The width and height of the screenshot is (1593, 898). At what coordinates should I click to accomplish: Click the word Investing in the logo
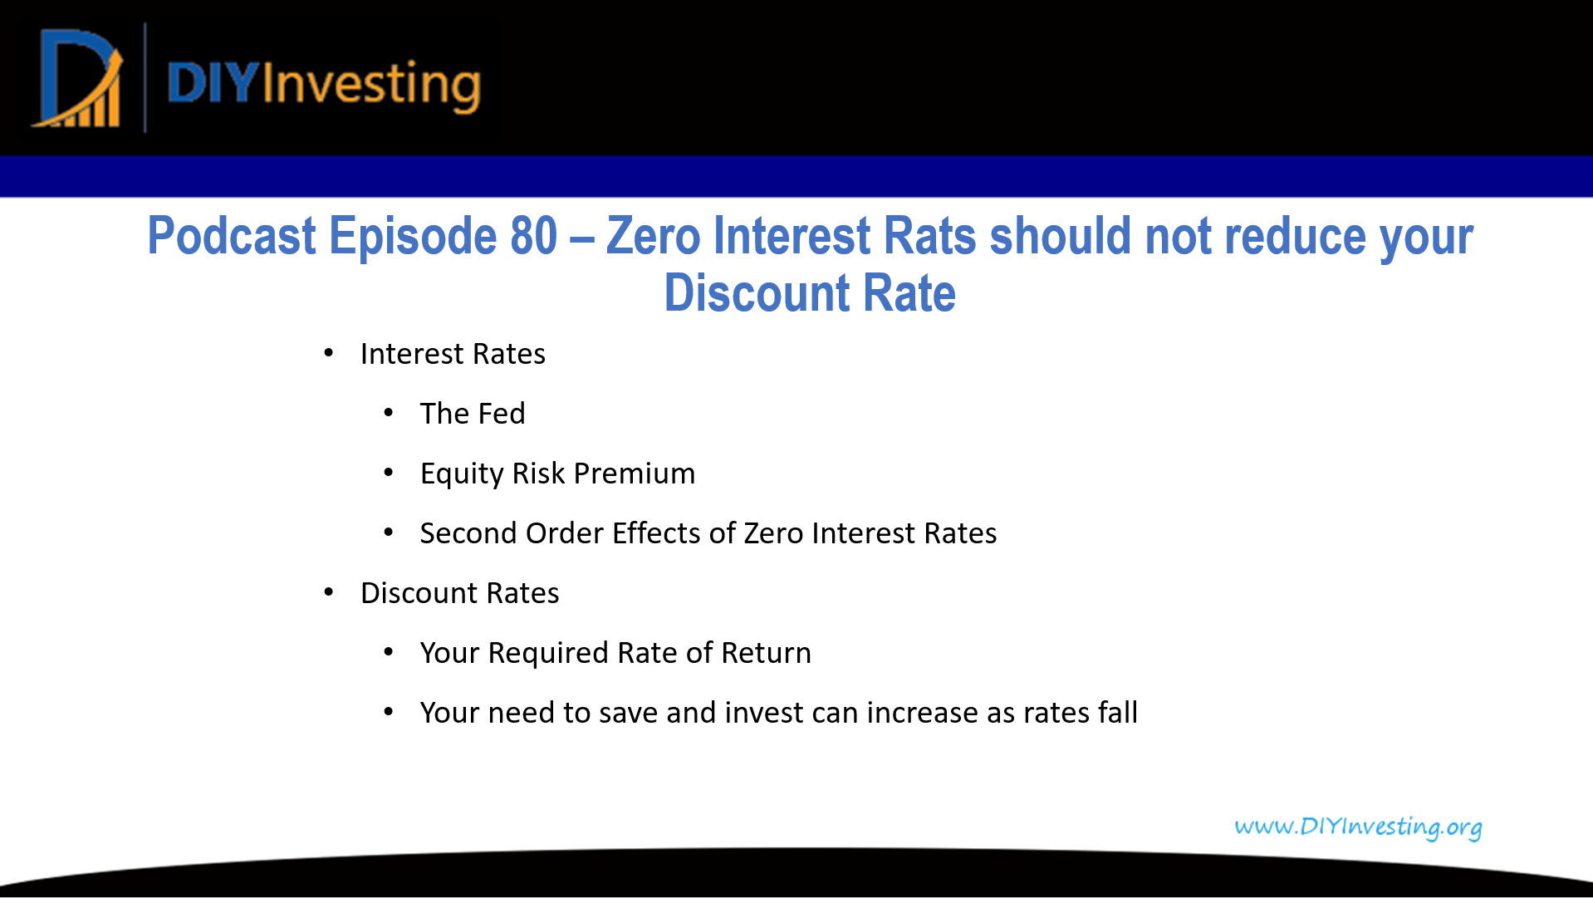pos(371,85)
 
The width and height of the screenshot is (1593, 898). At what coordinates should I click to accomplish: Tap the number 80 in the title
pos(533,236)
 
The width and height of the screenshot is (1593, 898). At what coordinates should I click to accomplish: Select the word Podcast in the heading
pos(231,236)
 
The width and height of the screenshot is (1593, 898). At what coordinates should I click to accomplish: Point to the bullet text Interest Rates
pos(453,354)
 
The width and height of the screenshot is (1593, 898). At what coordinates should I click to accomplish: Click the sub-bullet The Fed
pos(472,414)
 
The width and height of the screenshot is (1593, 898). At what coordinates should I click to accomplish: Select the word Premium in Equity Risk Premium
pos(635,474)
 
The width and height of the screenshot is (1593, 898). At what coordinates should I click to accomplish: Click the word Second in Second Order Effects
pos(468,533)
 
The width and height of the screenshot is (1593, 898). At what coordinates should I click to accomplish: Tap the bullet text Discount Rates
pos(459,593)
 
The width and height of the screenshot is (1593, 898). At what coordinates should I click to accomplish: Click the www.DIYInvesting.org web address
pos(1358,827)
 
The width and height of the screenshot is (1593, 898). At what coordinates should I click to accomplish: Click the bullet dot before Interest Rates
pos(329,354)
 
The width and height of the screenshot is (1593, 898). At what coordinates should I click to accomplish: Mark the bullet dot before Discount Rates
pos(329,592)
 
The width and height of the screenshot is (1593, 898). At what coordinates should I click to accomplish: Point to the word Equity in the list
pos(462,474)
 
